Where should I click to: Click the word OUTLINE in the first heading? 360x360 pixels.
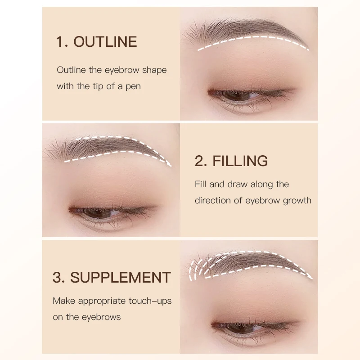[105, 42]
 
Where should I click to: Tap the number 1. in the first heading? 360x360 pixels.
[62, 42]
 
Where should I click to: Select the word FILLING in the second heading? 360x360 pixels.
[240, 161]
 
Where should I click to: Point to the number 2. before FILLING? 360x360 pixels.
[201, 161]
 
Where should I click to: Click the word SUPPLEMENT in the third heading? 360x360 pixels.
[121, 277]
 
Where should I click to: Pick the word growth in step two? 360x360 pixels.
[297, 200]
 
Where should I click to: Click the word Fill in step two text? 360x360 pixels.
[201, 184]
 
